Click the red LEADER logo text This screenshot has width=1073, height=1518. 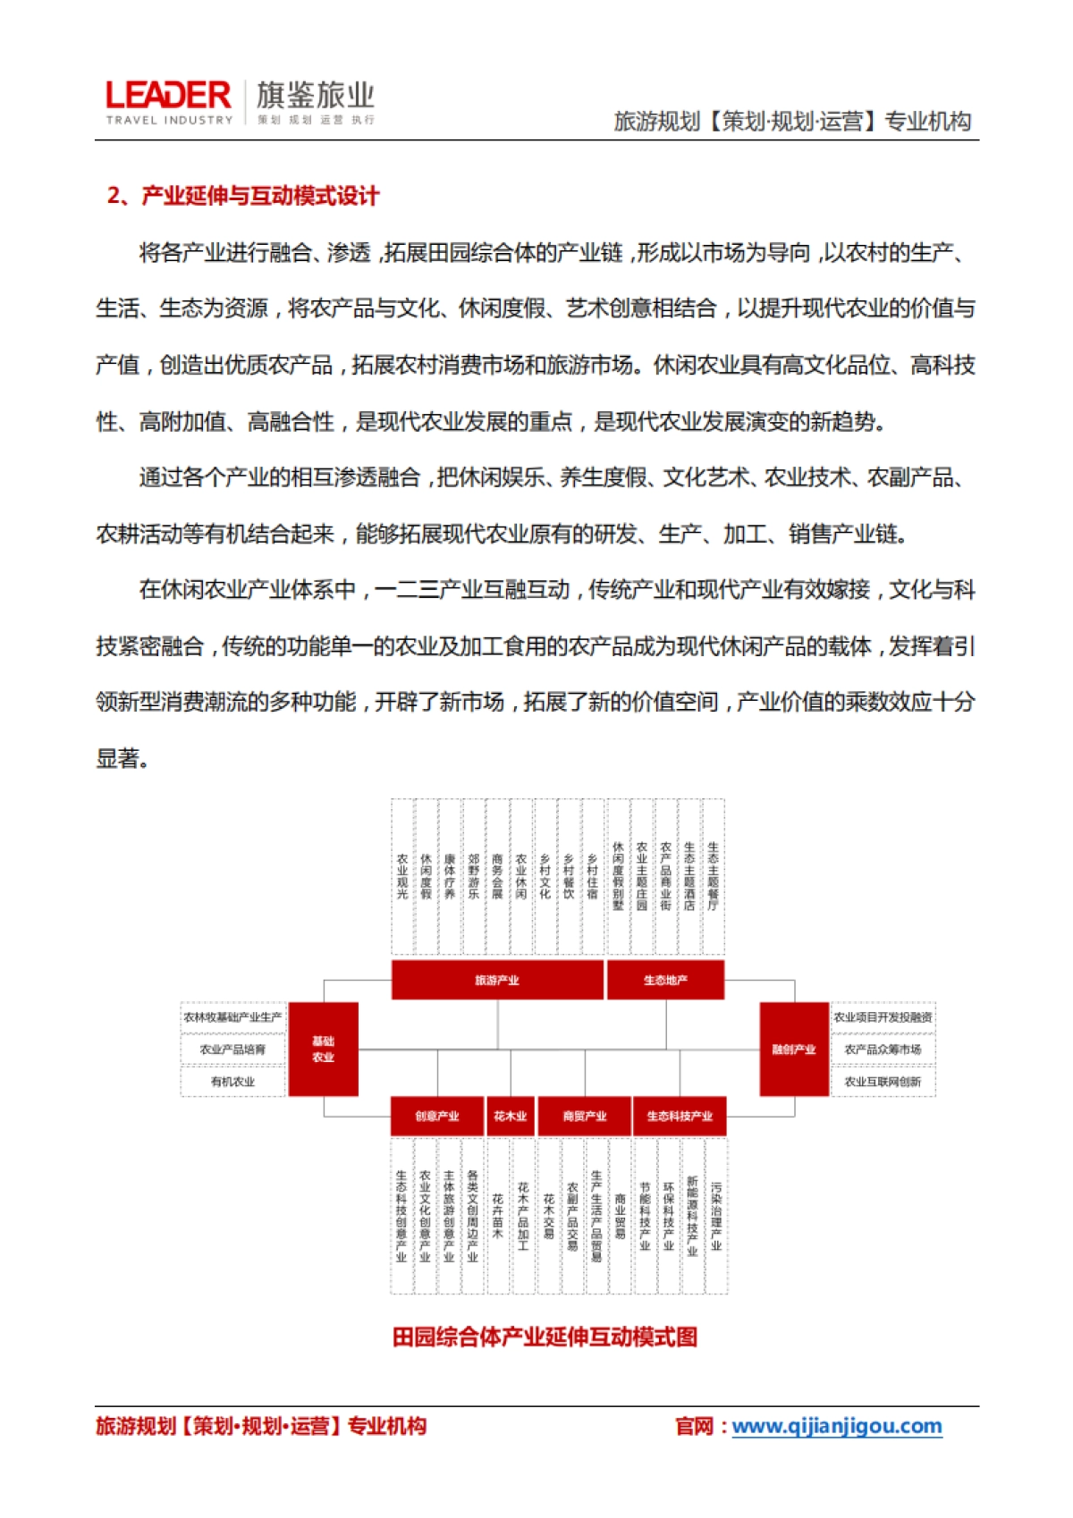pos(168,96)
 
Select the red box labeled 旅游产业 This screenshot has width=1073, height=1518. pos(497,980)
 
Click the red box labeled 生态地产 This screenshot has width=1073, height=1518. pos(665,980)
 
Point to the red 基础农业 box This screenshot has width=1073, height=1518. pos(323,1049)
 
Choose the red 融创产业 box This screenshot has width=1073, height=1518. pos(794,1049)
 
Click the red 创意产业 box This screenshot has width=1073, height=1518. pos(437,1116)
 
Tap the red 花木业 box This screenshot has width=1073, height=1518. pos(511,1116)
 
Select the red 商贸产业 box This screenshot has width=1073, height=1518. pos(585,1116)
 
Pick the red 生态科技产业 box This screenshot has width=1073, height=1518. pos(680,1116)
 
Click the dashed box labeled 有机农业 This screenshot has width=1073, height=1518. pos(232,1082)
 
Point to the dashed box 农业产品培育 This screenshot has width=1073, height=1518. pos(232,1050)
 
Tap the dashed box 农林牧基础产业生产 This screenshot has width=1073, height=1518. pos(232,1017)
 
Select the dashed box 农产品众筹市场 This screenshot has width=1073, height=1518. pos(883,1050)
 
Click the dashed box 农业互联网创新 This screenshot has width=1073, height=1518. pos(883,1082)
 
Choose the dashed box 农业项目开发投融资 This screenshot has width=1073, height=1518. pos(883,1017)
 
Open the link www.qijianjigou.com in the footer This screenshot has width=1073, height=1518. pos(837,1426)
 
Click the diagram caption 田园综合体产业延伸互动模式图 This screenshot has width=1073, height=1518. pos(545,1337)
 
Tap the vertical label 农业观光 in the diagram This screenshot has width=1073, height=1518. pos(402,876)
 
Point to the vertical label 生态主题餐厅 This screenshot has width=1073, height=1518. pos(713,876)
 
